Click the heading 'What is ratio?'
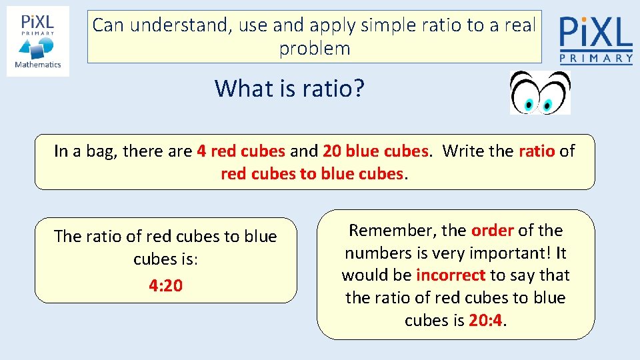pyautogui.click(x=289, y=88)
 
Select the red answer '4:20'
pyautogui.click(x=165, y=285)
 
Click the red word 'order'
pyautogui.click(x=493, y=231)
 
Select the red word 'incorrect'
pyautogui.click(x=451, y=275)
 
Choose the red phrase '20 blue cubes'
pyautogui.click(x=375, y=151)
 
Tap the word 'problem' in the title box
pyautogui.click(x=315, y=49)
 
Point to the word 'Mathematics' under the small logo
pyautogui.click(x=38, y=65)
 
